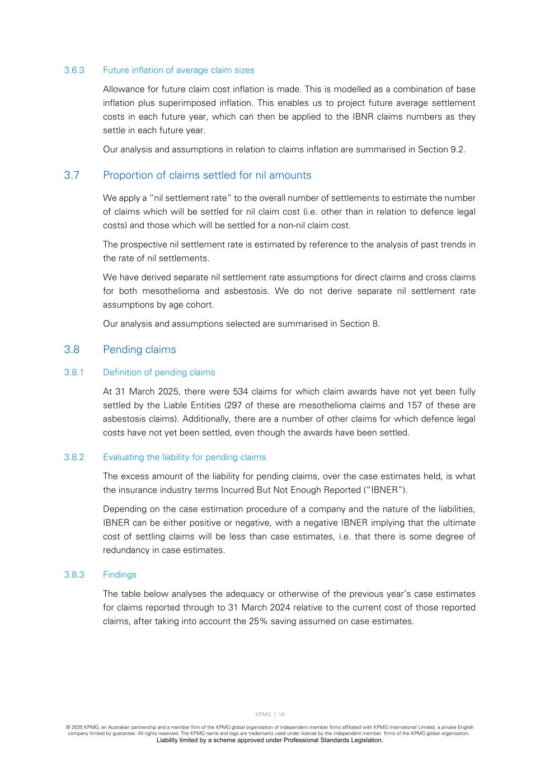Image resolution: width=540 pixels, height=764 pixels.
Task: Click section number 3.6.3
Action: (74, 71)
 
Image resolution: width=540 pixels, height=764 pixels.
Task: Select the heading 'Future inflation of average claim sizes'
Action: (179, 71)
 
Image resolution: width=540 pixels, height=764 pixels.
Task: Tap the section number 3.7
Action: (72, 175)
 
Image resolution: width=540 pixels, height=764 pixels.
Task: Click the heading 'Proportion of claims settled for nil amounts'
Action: (207, 175)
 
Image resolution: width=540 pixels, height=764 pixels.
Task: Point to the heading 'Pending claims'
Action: (139, 350)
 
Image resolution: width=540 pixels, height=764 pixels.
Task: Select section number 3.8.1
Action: (74, 373)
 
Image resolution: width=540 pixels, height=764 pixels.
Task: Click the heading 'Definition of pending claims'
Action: (159, 373)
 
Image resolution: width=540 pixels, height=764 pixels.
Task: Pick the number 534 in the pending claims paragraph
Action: (240, 392)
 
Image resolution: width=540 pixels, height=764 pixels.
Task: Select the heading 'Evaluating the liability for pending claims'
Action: (184, 457)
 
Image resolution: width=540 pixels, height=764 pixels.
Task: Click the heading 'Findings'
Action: (120, 575)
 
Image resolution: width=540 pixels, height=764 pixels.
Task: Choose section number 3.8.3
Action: (74, 575)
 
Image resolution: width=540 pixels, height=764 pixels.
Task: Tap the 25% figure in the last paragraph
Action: (258, 621)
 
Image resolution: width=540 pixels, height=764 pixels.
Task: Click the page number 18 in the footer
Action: (281, 715)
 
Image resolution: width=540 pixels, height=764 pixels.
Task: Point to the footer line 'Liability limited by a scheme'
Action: (270, 740)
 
